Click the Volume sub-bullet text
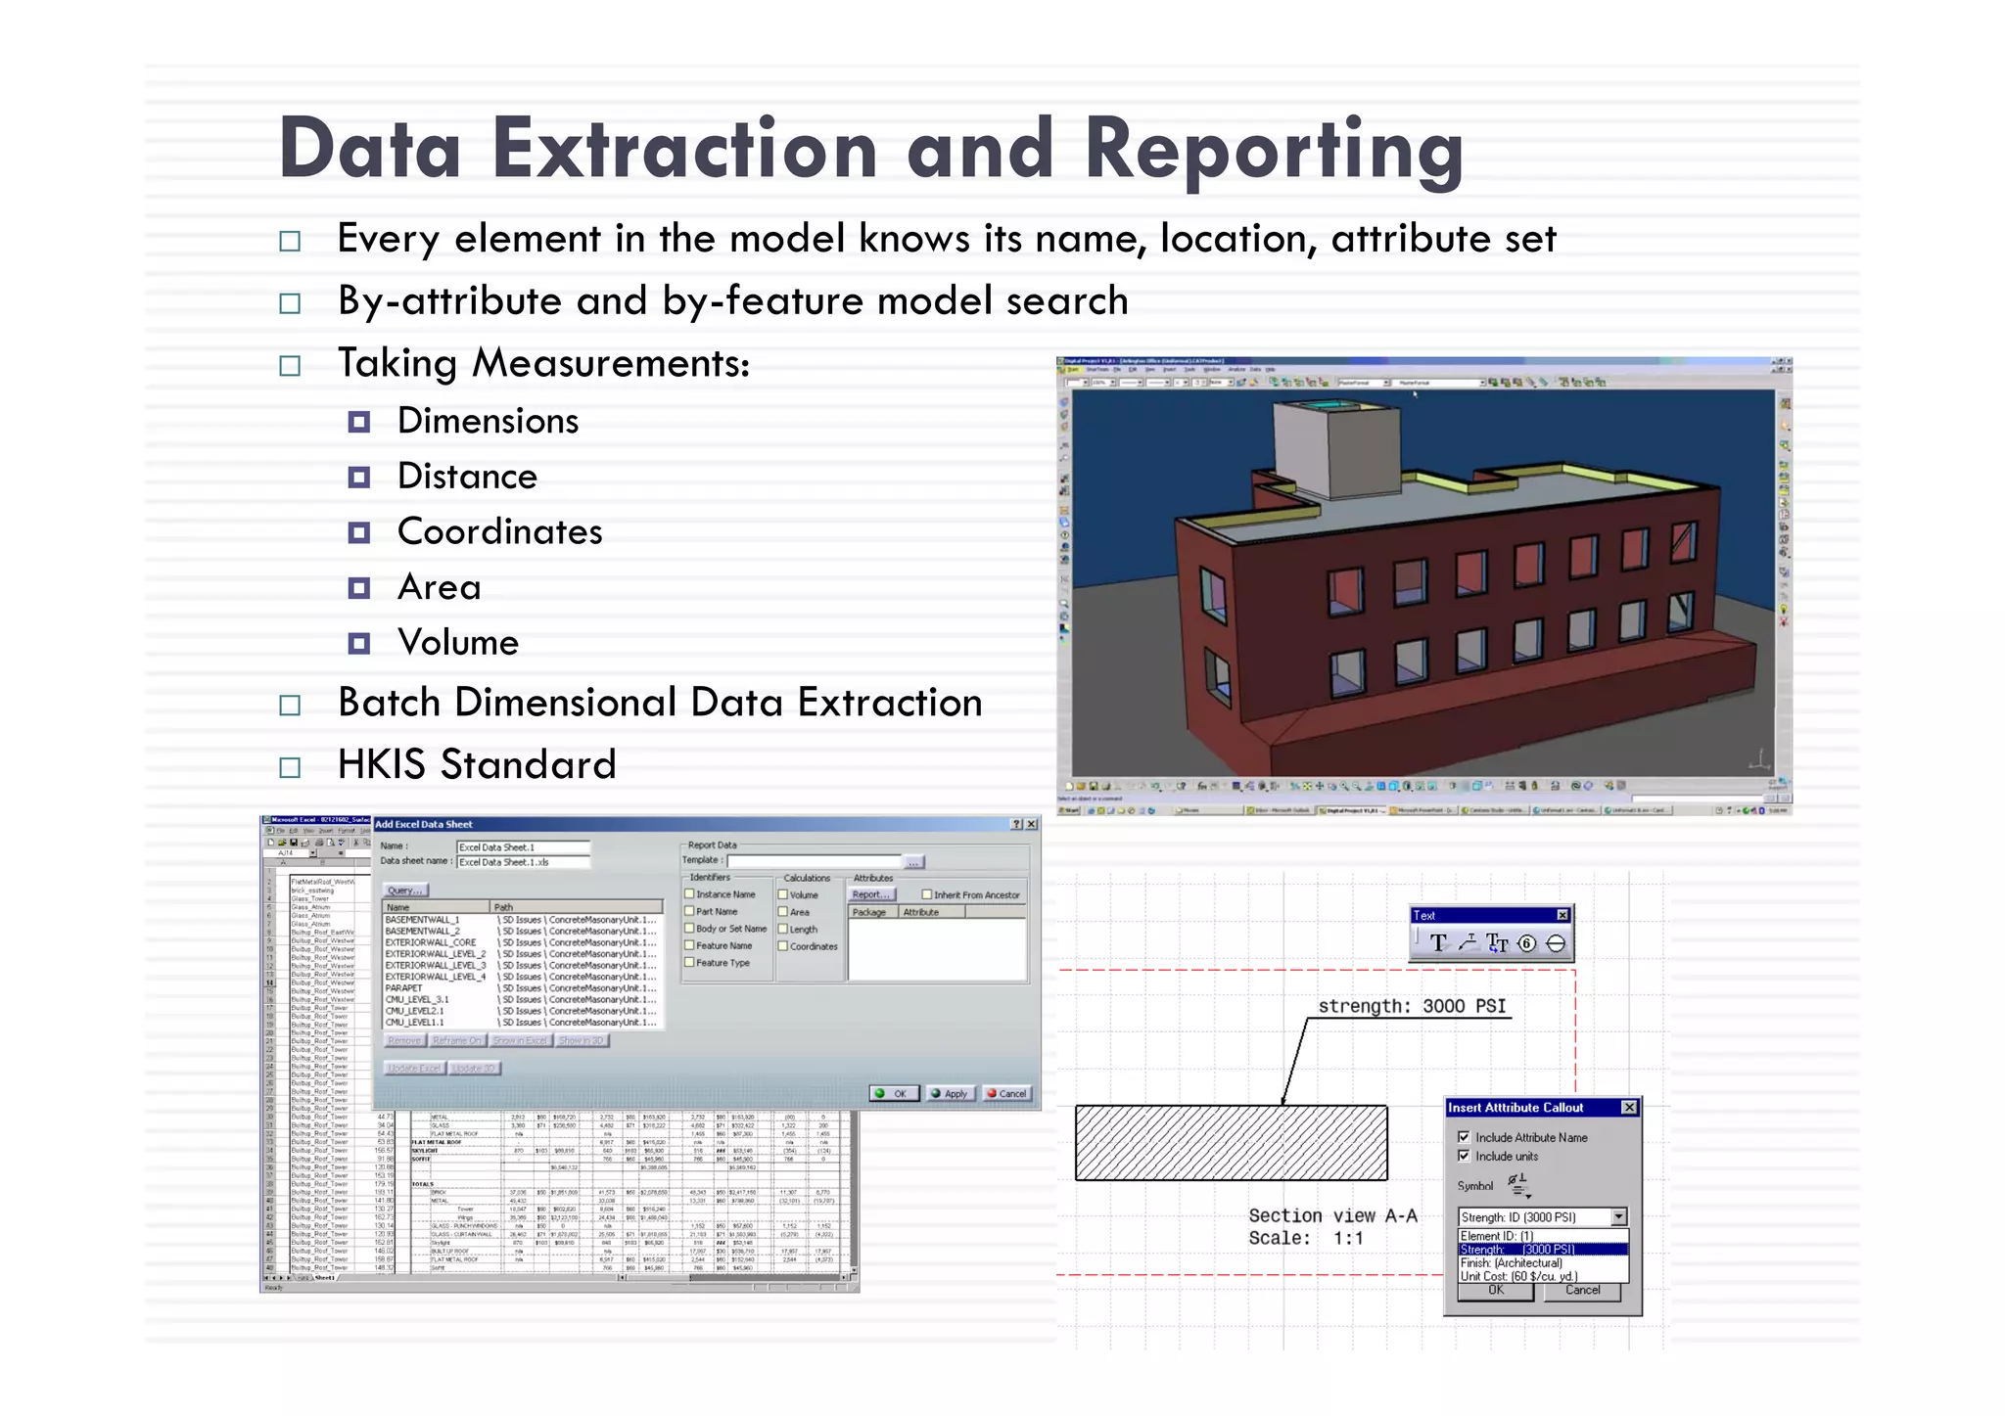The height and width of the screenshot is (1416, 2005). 457,643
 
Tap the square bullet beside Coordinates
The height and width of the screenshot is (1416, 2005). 359,533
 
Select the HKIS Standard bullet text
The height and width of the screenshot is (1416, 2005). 477,764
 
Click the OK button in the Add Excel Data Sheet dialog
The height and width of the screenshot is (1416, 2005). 893,1093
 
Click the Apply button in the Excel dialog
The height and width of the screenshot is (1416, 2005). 950,1093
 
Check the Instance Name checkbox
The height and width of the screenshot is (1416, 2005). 689,893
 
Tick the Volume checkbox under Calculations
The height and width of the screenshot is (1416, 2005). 783,893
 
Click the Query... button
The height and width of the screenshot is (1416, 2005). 404,891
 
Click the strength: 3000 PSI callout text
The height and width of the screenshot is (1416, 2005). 1412,1006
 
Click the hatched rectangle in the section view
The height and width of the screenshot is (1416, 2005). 1231,1143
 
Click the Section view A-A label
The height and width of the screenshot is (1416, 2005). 1331,1215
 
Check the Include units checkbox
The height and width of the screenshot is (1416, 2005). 1464,1156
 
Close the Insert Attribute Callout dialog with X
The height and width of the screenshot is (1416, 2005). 1629,1107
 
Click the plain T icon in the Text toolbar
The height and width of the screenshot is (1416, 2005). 1437,943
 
